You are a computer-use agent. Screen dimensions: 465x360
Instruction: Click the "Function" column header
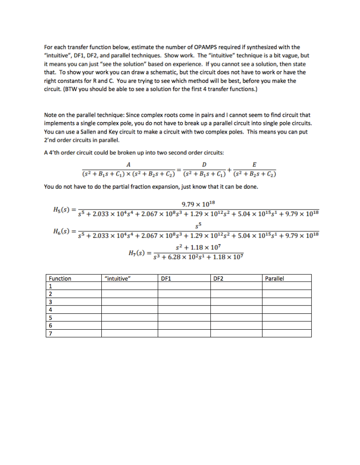tap(60, 278)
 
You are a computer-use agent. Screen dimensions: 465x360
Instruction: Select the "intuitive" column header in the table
tap(117, 278)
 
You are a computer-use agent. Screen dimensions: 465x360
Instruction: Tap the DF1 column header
tap(166, 278)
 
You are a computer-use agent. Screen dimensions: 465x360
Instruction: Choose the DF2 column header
tap(218, 278)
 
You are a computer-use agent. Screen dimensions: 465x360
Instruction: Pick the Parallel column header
tap(274, 278)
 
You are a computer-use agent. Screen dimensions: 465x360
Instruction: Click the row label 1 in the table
tap(50, 287)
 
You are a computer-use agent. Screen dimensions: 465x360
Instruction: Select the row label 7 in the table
tap(50, 334)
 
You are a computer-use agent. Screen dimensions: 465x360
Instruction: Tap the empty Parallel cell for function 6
tap(286, 326)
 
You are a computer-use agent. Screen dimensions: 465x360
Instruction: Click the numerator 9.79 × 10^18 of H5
tap(199, 204)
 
